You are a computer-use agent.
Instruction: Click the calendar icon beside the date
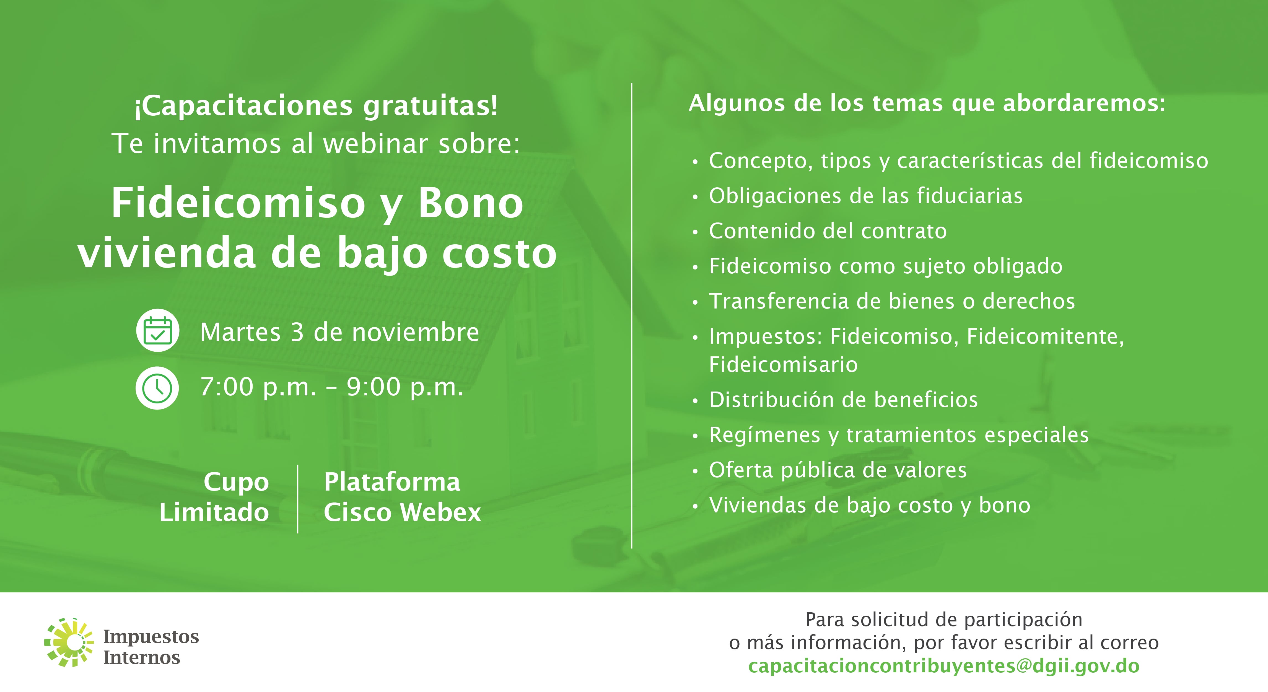(157, 330)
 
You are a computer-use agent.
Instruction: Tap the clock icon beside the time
(157, 388)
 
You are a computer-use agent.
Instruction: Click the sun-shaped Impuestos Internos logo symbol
(69, 642)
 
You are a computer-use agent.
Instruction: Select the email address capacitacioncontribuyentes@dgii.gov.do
(944, 666)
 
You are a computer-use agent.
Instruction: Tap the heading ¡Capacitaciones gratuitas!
(316, 106)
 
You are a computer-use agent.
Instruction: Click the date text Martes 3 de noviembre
(340, 332)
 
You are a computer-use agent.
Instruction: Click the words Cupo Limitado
(214, 497)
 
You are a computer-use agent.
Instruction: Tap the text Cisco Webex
(402, 512)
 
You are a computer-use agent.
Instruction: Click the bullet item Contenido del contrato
(828, 231)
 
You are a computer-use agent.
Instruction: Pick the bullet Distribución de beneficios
(843, 399)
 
